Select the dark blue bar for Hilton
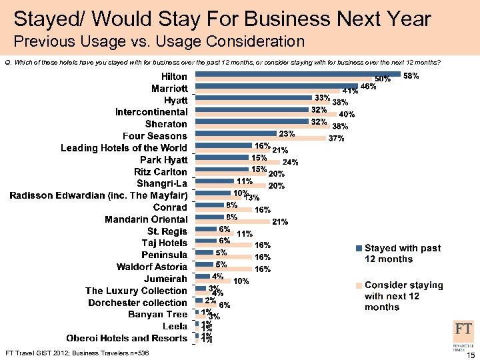[297, 74]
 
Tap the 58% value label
[411, 77]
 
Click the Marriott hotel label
[169, 88]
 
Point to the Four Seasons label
[155, 135]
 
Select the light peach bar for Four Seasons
[260, 139]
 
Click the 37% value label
[336, 139]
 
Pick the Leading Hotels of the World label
[124, 147]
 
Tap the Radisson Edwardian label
[98, 195]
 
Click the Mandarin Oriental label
[146, 219]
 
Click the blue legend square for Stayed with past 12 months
[359, 249]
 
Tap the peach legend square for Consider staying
[359, 285]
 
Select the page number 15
[470, 353]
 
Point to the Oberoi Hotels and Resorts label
[127, 338]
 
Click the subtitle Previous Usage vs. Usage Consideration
[159, 41]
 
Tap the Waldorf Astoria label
[152, 267]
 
